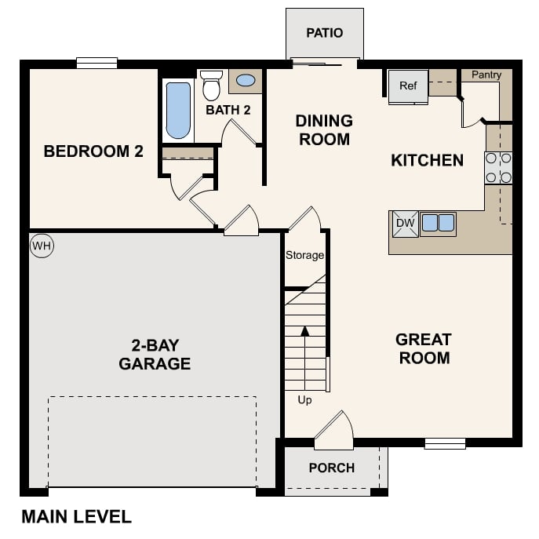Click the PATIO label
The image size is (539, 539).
[x=324, y=33]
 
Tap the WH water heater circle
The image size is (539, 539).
[x=41, y=246]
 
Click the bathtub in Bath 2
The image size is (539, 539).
[x=178, y=111]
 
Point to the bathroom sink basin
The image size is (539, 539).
[x=246, y=80]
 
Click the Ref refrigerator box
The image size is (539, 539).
[x=408, y=86]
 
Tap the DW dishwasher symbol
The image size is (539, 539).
[x=405, y=224]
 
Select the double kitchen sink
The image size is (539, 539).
[x=438, y=224]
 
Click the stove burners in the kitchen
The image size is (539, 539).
[x=498, y=167]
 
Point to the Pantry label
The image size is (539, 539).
[x=486, y=75]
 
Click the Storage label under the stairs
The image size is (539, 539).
[x=304, y=255]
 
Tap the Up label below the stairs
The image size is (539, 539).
[x=304, y=400]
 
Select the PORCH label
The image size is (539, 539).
[x=331, y=468]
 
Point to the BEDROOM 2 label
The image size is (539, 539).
[x=93, y=151]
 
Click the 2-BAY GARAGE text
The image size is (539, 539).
[x=155, y=354]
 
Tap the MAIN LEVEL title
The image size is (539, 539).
[x=76, y=517]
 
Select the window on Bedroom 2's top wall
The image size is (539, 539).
[x=97, y=64]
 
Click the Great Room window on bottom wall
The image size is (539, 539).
[x=445, y=443]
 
